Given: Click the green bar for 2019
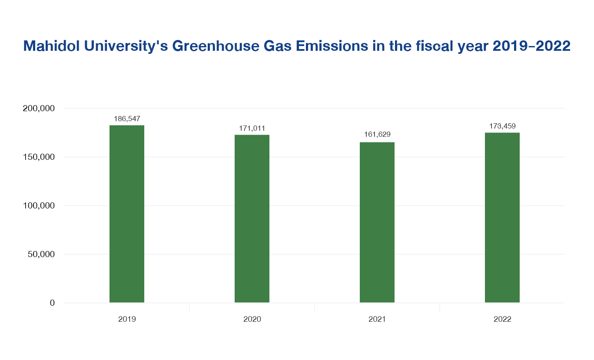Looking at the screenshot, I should (127, 214).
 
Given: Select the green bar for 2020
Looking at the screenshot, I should (252, 218).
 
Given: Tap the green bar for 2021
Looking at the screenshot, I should (377, 222).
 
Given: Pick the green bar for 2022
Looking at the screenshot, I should (502, 218).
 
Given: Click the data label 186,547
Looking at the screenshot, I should (127, 118).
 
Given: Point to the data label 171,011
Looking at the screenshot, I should (252, 128).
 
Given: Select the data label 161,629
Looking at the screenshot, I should (377, 135).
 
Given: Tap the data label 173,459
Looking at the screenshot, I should (502, 126).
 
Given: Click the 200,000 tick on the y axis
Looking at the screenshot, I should (38, 108).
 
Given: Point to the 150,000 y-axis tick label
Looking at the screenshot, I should (38, 157).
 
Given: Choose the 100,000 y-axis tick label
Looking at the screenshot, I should (38, 205).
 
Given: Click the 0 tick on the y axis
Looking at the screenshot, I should (52, 303).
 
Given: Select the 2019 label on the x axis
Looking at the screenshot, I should (127, 319).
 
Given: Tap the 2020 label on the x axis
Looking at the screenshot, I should (252, 319).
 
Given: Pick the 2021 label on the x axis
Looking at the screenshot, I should (377, 319).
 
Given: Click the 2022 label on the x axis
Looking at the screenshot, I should (502, 319).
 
